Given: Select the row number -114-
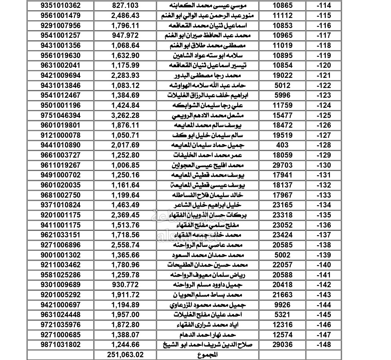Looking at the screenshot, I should tap(323, 6).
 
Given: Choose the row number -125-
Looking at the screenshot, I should tap(323, 115).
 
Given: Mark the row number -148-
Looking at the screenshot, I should tap(323, 345).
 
